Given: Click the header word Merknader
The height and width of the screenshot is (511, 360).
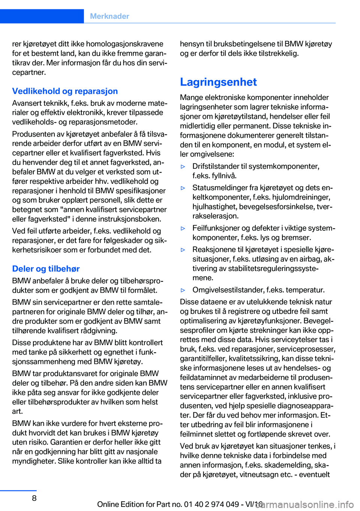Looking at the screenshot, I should coord(109,16).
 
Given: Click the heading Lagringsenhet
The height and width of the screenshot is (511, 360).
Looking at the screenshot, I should coord(218,82).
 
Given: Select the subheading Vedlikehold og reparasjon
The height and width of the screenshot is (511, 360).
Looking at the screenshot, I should coord(65,91).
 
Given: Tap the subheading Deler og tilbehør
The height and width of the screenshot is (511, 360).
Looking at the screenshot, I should coord(46,269).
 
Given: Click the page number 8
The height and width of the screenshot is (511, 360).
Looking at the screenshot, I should coord(34,498).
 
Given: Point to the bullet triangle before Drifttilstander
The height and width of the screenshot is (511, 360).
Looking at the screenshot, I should coord(183,167).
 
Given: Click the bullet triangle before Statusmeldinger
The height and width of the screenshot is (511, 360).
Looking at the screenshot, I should coord(183,188).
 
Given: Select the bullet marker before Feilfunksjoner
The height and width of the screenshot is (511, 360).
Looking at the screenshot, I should coord(183,228).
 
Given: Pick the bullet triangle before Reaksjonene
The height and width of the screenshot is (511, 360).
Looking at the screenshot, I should coord(183,250).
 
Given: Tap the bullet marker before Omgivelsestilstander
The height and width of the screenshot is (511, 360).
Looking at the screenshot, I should coord(183,290).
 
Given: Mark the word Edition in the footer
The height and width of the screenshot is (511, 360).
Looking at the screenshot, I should coord(130,504).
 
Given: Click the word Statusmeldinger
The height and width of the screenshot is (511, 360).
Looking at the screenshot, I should coord(219,188).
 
